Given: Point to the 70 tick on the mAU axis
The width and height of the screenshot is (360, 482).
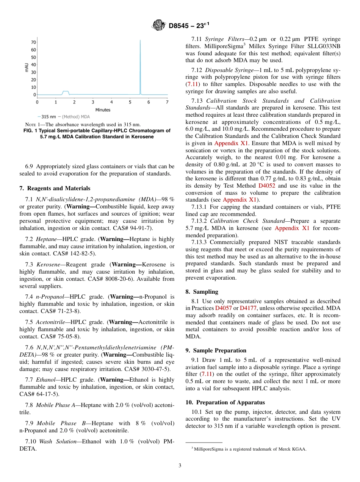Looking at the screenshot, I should pyautogui.click(x=33, y=42).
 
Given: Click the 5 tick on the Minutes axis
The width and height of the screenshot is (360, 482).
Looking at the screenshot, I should pyautogui.click(x=130, y=102).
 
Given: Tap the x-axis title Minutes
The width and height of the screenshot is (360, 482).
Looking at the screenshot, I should pyautogui.click(x=103, y=110).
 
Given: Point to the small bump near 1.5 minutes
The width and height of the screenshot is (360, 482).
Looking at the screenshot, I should pyautogui.click(x=66, y=92).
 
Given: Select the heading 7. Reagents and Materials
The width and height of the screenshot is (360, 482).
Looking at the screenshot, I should pyautogui.click(x=55, y=188).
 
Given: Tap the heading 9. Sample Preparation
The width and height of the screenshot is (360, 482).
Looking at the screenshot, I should pyautogui.click(x=216, y=351).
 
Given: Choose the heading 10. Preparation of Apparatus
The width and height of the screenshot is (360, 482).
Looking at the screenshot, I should pyautogui.click(x=225, y=402).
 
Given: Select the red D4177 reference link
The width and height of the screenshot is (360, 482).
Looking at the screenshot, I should pyautogui.click(x=248, y=308).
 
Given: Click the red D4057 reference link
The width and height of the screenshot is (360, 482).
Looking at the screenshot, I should pyautogui.click(x=223, y=308).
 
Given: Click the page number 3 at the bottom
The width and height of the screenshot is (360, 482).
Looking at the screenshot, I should pyautogui.click(x=180, y=466).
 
